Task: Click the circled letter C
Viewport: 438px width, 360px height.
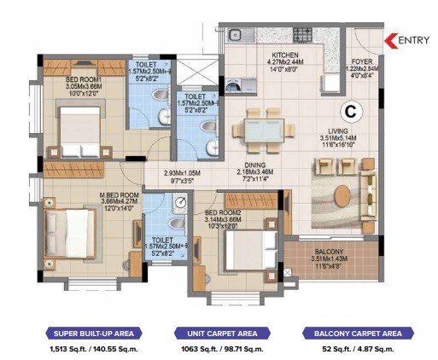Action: click(x=350, y=111)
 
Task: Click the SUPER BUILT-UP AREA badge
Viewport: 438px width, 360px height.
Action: click(x=93, y=334)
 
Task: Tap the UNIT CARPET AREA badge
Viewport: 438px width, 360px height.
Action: click(x=218, y=334)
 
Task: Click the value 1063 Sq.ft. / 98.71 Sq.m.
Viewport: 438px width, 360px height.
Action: click(x=218, y=350)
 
